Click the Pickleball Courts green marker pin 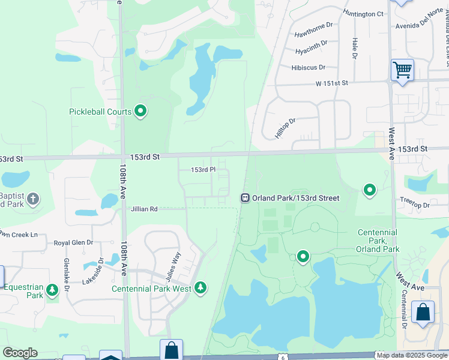click(140, 111)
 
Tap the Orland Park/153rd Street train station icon click(245, 198)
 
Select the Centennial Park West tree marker click(200, 288)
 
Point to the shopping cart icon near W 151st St click(402, 70)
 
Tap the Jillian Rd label click(144, 209)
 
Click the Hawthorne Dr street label click(313, 29)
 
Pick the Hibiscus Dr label click(308, 68)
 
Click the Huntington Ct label click(363, 14)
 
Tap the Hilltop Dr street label click(286, 128)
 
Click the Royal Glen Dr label click(74, 242)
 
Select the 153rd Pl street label click(202, 170)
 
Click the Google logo click(20, 353)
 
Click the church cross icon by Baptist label click(33, 198)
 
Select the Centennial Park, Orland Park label click(378, 241)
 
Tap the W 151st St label click(332, 83)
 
